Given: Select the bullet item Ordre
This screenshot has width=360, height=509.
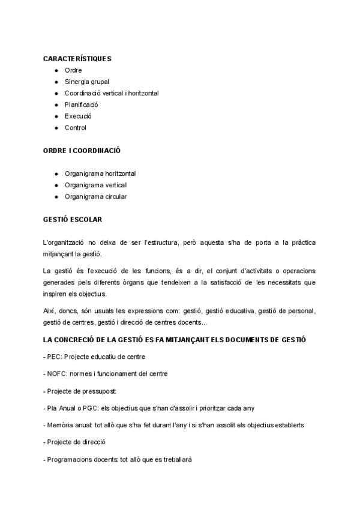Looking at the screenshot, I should click(73, 70).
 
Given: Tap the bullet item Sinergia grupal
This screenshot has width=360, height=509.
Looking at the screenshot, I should click(87, 82).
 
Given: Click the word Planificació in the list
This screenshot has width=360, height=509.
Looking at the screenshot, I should click(82, 104).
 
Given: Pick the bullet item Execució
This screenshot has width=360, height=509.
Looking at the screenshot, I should click(78, 116).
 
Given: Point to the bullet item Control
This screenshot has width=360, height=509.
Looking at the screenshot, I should click(76, 127).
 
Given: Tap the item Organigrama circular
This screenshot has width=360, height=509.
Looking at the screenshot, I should click(96, 196).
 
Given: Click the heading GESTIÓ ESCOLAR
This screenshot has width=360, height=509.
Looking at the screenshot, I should click(73, 220).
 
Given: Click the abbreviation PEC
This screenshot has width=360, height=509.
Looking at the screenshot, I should click(53, 357).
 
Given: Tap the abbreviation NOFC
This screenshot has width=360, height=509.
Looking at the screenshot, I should click(56, 373).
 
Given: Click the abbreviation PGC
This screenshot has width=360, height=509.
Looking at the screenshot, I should click(86, 408).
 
